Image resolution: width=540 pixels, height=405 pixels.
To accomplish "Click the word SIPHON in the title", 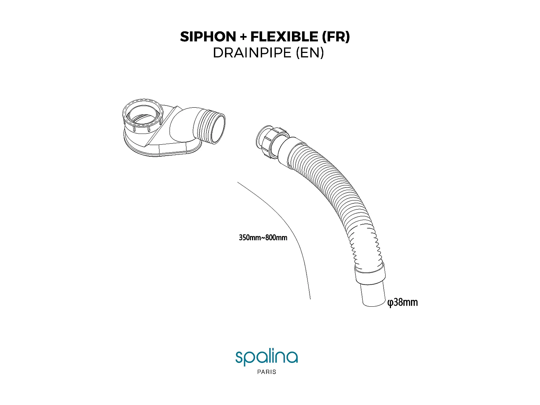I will (x=208, y=37).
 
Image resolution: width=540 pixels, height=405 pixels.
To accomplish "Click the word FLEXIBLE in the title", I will (x=284, y=37).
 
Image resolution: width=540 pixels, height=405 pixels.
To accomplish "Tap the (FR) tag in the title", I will (x=336, y=37).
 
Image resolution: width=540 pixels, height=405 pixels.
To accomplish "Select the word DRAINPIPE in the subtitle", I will (x=252, y=53).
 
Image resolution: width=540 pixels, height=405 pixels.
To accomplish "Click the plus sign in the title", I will (x=243, y=37).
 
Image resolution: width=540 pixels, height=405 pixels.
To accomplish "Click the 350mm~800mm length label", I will (x=263, y=238).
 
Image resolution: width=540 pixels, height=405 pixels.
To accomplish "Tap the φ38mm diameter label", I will (x=402, y=302).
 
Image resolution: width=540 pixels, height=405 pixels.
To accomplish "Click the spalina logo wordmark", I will (x=266, y=357).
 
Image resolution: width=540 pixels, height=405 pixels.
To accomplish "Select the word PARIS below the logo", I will (x=267, y=372).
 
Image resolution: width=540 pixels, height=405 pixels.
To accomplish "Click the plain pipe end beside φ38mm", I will (x=374, y=295).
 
